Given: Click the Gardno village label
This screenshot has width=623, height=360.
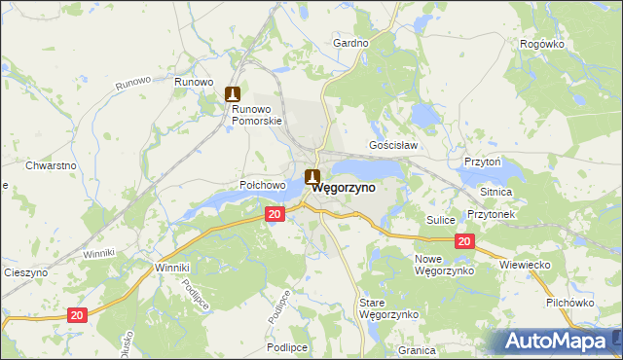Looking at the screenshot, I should pos(350,43).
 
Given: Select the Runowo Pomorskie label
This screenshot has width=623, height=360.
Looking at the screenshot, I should pos(256,115).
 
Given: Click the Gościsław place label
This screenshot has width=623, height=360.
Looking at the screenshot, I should pos(393,145).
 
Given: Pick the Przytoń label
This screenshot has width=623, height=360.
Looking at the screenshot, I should pos(482,162).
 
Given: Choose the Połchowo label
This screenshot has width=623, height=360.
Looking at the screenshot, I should pos(262,184).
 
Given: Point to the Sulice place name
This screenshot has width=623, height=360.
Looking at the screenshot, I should pos(441,220).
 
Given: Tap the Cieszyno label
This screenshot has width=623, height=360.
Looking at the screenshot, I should pos(26,273).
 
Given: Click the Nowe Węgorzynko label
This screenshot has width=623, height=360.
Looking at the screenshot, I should pos(444,265).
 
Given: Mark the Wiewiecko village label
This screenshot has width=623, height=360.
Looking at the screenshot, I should pos(525,264).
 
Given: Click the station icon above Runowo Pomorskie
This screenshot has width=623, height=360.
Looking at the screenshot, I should pos(233,93).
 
